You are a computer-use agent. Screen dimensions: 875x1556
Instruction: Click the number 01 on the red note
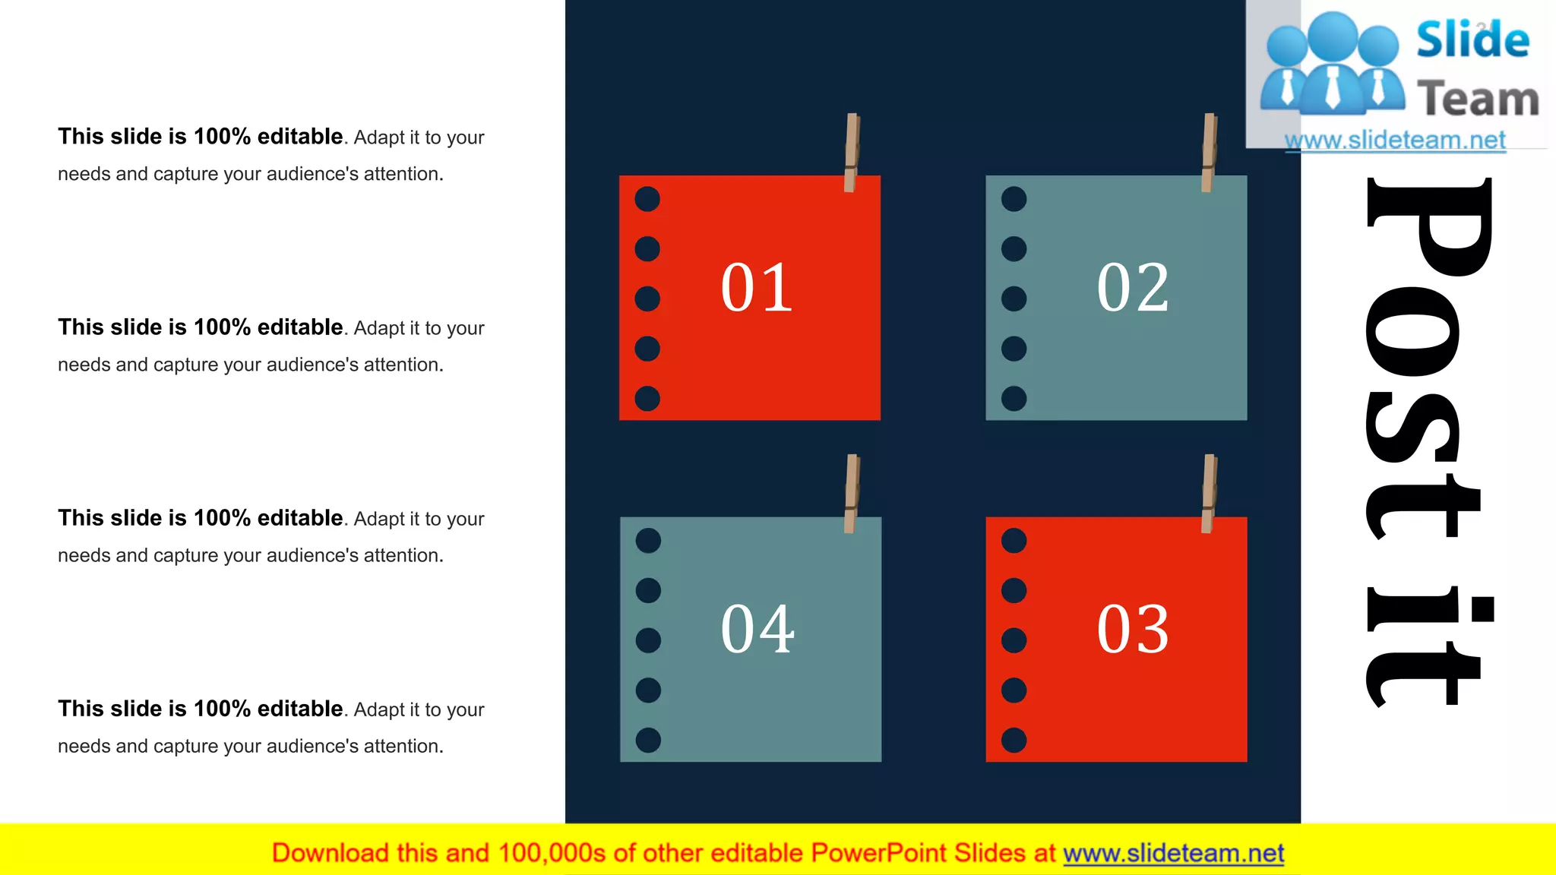click(x=757, y=288)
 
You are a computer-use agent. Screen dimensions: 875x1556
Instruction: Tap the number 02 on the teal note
click(x=1132, y=288)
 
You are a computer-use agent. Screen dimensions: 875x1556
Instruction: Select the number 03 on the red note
click(x=1132, y=630)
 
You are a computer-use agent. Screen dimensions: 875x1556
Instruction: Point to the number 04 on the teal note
click(x=757, y=630)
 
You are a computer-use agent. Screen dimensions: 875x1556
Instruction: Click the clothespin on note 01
click(x=852, y=152)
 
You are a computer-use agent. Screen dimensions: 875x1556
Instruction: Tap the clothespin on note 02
click(x=1209, y=152)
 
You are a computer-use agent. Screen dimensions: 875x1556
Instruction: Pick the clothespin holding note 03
click(x=1209, y=494)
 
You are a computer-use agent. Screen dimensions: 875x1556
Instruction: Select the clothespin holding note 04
click(x=852, y=494)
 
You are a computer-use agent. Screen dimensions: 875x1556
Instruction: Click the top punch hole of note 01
click(x=647, y=199)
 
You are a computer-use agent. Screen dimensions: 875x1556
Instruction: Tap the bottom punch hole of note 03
click(x=1014, y=740)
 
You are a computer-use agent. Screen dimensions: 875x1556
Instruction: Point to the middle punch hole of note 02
click(x=1014, y=299)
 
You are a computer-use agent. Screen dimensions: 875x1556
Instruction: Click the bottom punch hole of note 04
click(x=648, y=740)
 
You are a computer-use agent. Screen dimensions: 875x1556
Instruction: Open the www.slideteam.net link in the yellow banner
click(x=1173, y=854)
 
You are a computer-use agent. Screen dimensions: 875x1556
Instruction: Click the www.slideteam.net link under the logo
click(x=1395, y=140)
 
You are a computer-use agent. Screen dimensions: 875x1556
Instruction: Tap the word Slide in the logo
click(x=1472, y=39)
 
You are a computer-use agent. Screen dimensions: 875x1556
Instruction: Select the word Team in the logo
click(x=1478, y=100)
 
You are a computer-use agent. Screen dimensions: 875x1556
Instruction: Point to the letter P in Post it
click(x=1428, y=228)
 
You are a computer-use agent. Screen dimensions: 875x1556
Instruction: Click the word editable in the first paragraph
click(x=300, y=137)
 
